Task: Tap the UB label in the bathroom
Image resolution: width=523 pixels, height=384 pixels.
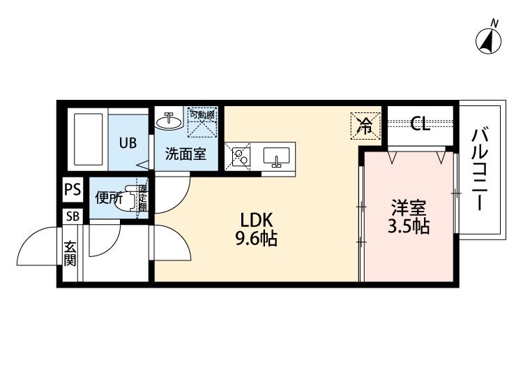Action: click(127, 143)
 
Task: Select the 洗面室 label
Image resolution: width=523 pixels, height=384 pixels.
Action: click(185, 154)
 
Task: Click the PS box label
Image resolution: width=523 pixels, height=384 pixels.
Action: click(73, 189)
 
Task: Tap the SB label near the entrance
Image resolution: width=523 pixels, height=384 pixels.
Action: click(73, 216)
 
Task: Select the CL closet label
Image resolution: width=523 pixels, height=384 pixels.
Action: click(420, 124)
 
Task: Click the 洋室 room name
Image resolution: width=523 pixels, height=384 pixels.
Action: click(408, 207)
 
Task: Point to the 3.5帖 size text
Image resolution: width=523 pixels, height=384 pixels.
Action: click(408, 227)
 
